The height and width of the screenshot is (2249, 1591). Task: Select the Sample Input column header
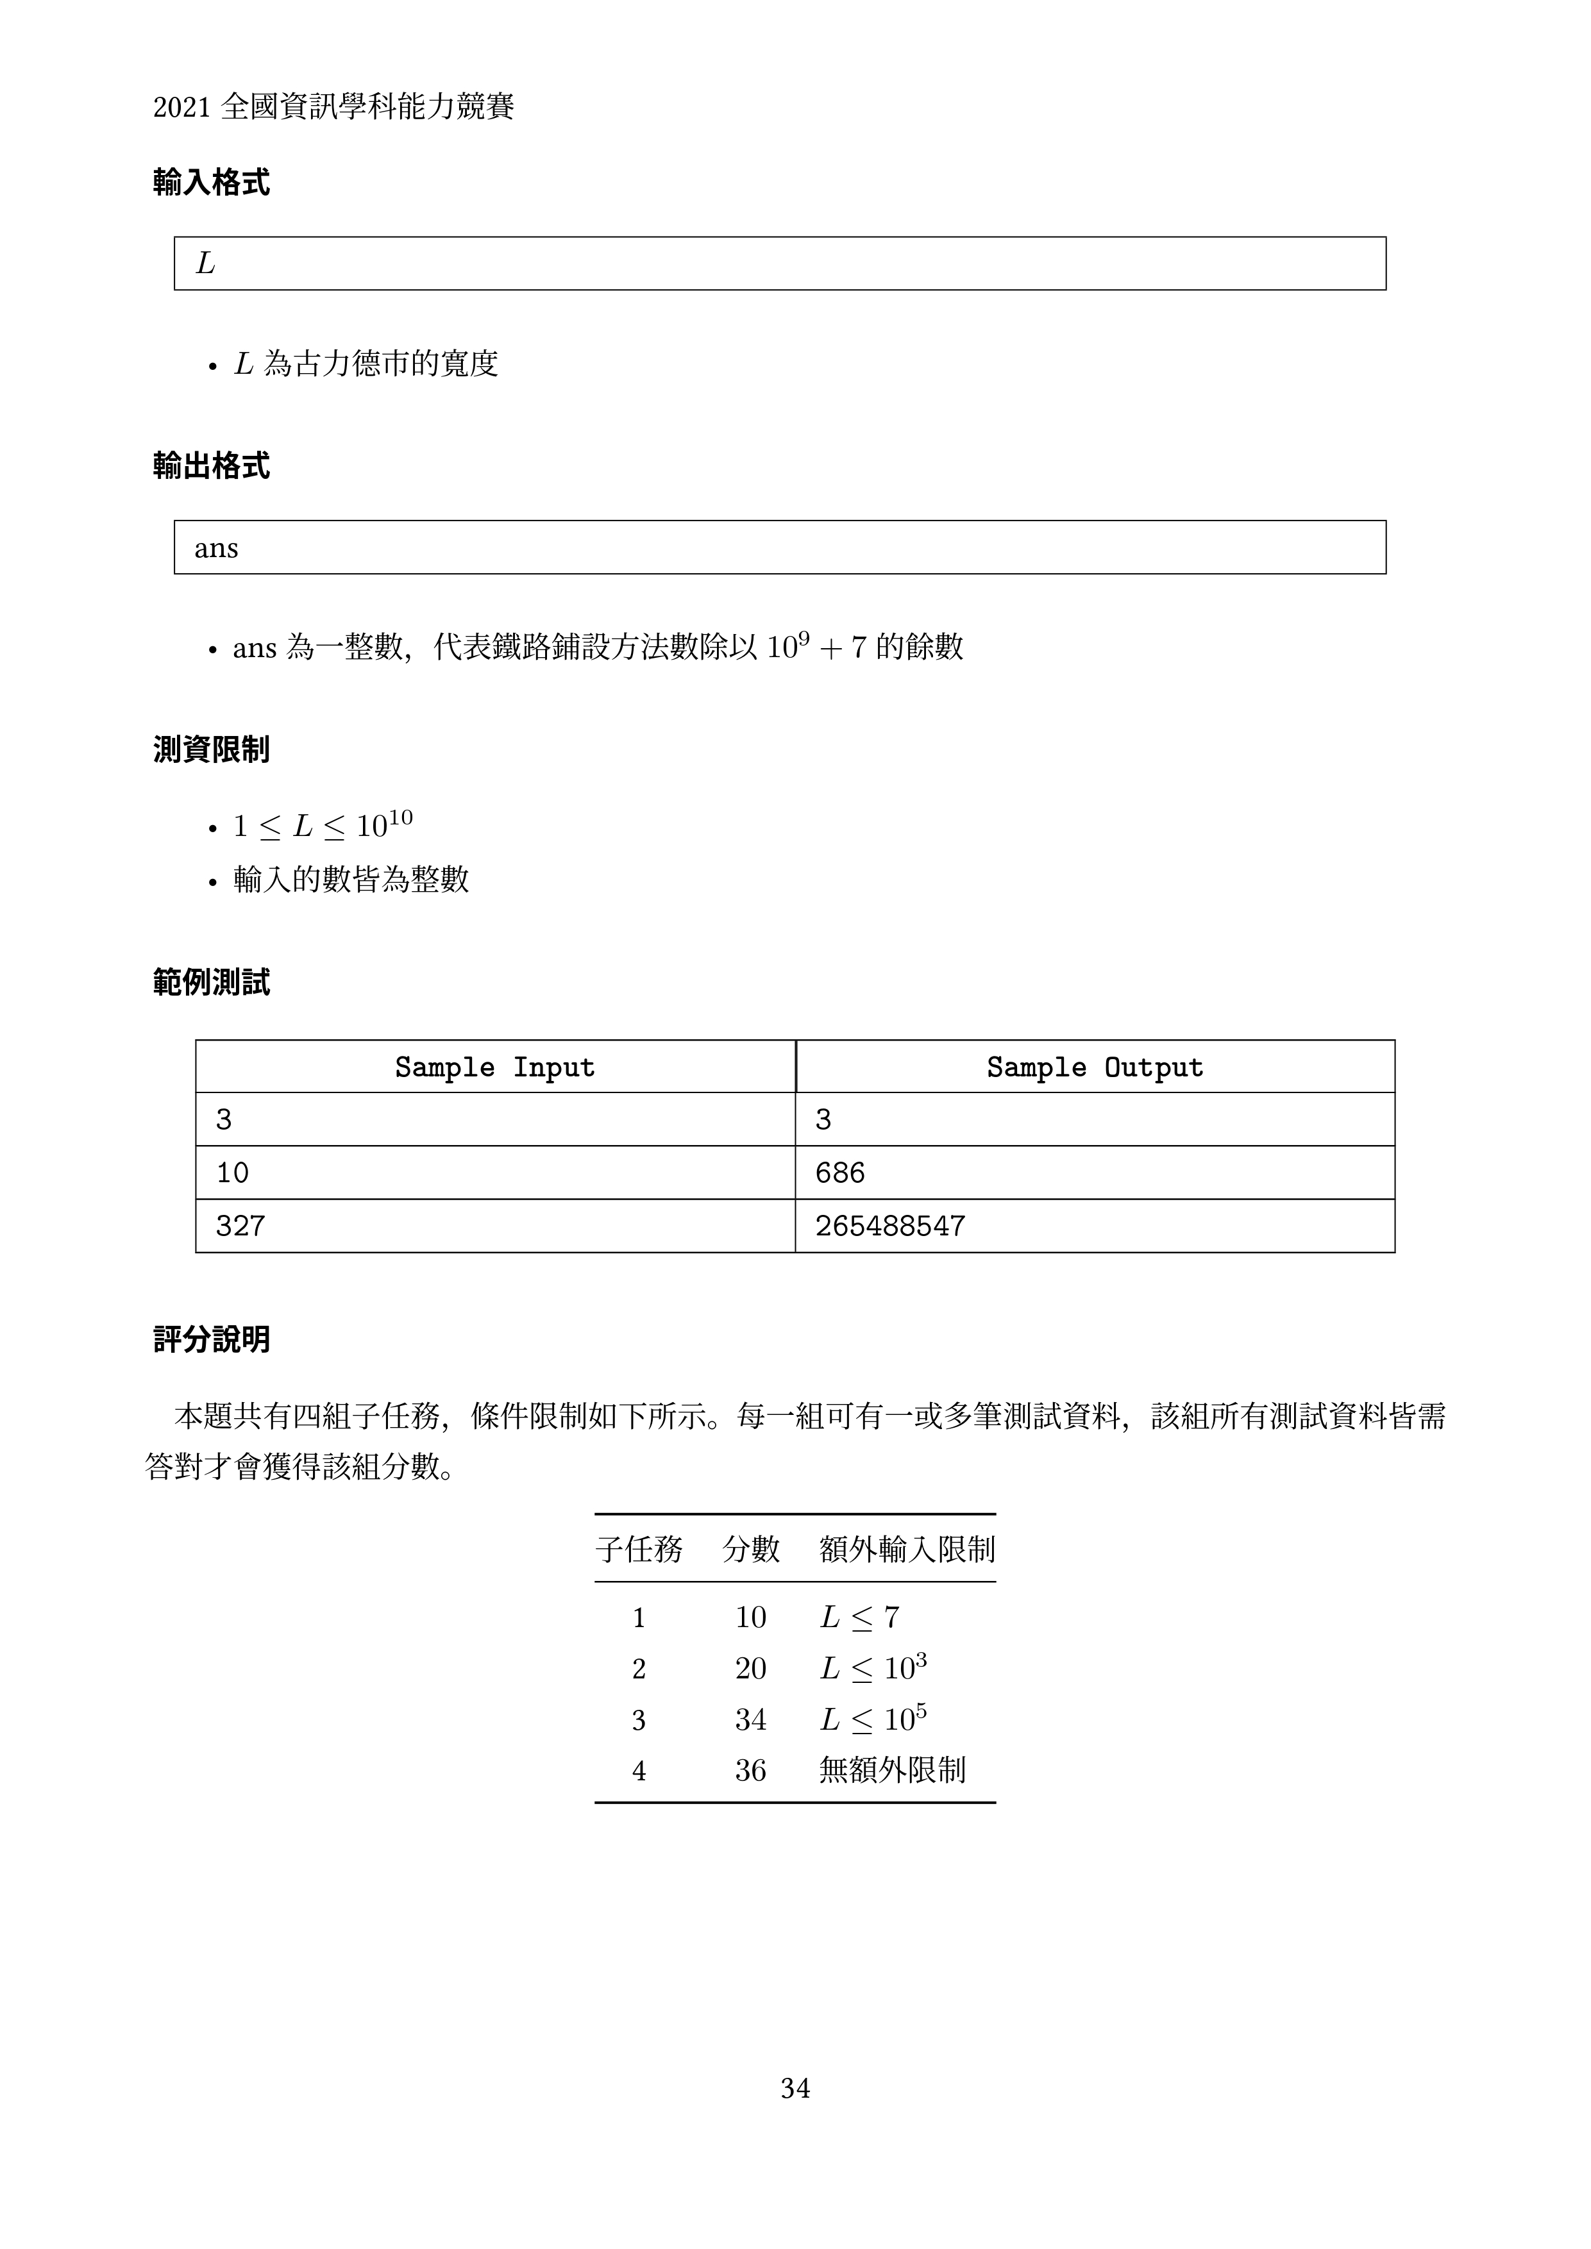coord(494,1067)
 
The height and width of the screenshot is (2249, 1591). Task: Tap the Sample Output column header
coord(1094,1067)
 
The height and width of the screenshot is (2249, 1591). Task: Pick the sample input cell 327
coord(240,1225)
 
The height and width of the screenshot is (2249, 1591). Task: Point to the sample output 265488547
coord(889,1225)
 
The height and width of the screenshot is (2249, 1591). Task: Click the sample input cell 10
coord(232,1173)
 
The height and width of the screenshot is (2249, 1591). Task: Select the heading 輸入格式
coord(212,182)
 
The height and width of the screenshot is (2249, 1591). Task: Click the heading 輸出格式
coord(212,466)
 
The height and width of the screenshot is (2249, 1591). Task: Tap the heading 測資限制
coord(212,750)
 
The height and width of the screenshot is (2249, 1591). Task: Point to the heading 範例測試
coord(212,982)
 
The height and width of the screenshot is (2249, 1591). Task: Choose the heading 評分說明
coord(212,1339)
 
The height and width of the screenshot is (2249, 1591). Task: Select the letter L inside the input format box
coord(205,263)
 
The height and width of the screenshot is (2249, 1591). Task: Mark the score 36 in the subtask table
coord(750,1770)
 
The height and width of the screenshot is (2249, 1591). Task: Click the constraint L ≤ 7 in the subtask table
coord(859,1618)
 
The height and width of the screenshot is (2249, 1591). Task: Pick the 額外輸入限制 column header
coord(907,1549)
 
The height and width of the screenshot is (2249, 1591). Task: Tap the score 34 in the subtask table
coord(750,1719)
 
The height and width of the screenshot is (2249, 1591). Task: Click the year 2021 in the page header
coord(182,108)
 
